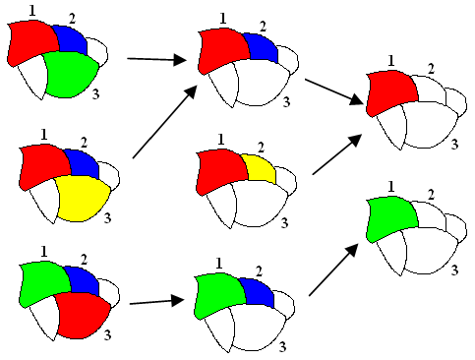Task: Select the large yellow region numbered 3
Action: pyautogui.click(x=81, y=196)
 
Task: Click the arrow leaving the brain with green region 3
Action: pyautogui.click(x=156, y=60)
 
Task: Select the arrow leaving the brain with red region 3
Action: pyautogui.click(x=156, y=302)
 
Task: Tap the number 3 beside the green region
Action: pyautogui.click(x=94, y=93)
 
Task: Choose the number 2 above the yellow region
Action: pyautogui.click(x=261, y=149)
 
